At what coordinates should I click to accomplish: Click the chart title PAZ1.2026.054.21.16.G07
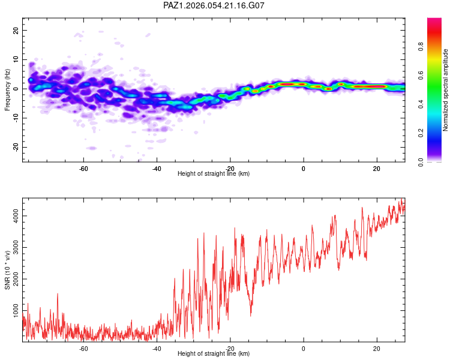pyautogui.click(x=214, y=5)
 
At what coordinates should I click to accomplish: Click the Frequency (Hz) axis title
pyautogui.click(x=7, y=89)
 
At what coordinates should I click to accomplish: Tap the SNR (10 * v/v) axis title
pyautogui.click(x=7, y=269)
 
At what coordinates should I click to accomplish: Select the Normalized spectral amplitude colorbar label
pyautogui.click(x=446, y=89)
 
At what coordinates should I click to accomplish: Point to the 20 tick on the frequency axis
pyautogui.click(x=16, y=30)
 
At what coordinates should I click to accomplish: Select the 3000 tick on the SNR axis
pyautogui.click(x=16, y=247)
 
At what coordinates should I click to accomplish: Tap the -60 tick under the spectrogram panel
pyautogui.click(x=84, y=168)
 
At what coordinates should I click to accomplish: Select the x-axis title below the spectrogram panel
pyautogui.click(x=214, y=174)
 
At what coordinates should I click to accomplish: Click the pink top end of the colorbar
pyautogui.click(x=434, y=21)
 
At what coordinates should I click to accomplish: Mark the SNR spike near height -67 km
pyautogui.click(x=58, y=295)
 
